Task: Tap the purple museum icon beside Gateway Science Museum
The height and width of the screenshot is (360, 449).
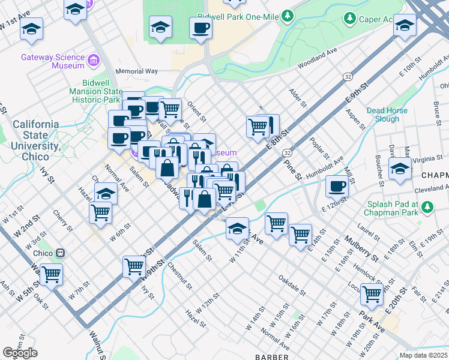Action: click(x=92, y=61)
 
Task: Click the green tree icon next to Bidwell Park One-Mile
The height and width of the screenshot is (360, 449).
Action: click(x=289, y=15)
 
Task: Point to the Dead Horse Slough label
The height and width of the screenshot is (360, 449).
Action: click(x=387, y=115)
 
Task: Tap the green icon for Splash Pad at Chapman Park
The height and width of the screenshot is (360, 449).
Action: click(x=427, y=208)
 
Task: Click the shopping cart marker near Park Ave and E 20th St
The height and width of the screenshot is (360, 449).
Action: click(x=372, y=293)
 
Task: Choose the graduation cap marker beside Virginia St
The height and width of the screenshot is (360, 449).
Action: click(x=400, y=167)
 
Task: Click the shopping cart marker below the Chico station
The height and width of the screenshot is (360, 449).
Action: click(x=52, y=274)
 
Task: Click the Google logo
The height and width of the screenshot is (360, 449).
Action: click(x=20, y=353)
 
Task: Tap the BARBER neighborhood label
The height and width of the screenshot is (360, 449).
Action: click(x=272, y=357)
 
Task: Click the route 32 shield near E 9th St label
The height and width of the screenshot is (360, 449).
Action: click(x=348, y=77)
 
